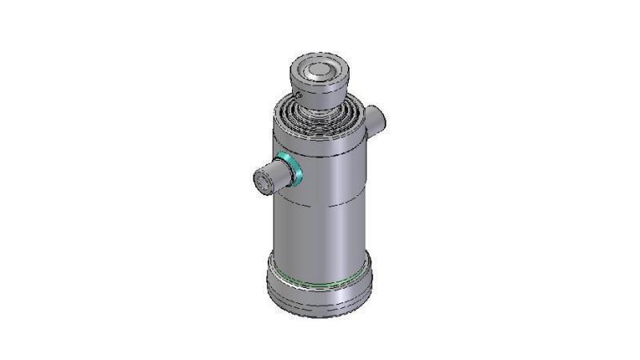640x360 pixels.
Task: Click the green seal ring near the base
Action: pos(320,279)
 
